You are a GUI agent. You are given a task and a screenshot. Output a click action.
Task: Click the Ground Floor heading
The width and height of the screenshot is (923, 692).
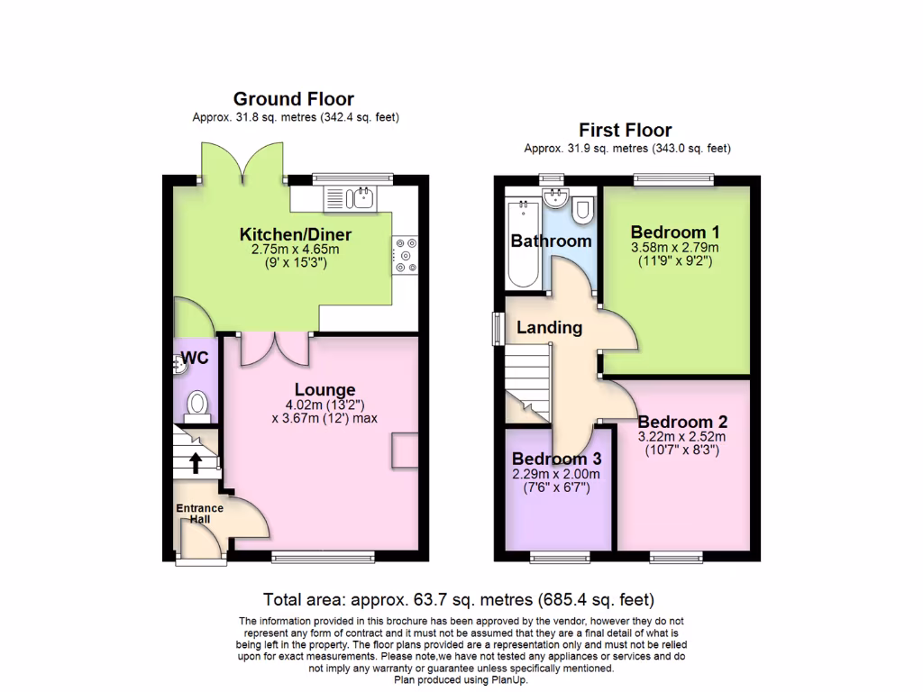(293, 99)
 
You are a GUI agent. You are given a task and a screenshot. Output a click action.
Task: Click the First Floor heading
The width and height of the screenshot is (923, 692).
(625, 131)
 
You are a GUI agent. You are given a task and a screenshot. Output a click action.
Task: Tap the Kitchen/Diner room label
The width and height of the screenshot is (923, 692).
(295, 234)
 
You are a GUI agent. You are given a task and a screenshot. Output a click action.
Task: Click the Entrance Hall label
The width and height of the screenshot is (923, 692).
(199, 514)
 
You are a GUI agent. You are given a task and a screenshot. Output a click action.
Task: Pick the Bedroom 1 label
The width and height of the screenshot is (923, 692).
(674, 231)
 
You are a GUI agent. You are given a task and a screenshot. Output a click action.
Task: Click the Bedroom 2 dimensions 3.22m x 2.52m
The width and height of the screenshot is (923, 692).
(681, 437)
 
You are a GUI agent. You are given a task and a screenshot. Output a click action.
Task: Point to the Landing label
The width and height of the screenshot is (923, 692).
(549, 328)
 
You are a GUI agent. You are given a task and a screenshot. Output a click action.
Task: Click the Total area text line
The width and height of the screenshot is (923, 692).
(458, 599)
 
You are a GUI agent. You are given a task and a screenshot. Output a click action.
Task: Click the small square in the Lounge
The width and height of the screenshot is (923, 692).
(404, 450)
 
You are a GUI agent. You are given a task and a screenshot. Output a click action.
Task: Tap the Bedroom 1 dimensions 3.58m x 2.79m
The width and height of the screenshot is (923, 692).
(675, 248)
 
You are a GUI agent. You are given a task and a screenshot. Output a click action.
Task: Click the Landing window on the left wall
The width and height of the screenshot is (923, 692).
(497, 328)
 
